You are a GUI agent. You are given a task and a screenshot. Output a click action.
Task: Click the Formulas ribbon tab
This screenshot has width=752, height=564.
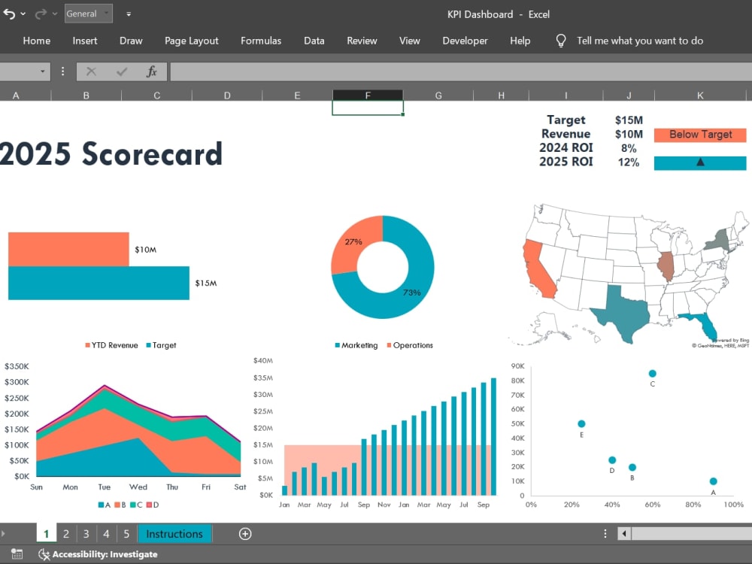click(x=261, y=41)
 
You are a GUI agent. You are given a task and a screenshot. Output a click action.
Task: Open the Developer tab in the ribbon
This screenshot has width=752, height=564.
click(x=465, y=41)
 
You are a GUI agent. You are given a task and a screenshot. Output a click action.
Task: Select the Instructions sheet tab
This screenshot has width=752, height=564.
click(x=174, y=534)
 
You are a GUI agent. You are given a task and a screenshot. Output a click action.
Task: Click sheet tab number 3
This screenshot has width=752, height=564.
click(x=86, y=534)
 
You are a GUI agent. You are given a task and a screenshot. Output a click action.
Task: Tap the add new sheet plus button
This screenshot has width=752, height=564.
click(x=245, y=534)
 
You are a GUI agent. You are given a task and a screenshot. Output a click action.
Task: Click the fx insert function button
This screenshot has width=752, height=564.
click(x=152, y=72)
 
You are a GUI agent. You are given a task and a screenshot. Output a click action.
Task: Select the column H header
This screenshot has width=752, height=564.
click(x=501, y=96)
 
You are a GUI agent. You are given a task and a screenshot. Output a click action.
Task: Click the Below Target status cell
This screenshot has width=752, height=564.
click(x=700, y=135)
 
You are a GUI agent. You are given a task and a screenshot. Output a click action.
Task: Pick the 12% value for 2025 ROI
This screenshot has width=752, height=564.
click(x=628, y=162)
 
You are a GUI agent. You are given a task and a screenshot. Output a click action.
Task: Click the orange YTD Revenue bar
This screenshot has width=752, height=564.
click(x=68, y=249)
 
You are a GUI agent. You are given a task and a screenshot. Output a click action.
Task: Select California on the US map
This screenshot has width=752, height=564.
click(x=538, y=268)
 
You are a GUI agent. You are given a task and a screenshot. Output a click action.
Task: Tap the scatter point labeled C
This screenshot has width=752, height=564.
click(x=652, y=374)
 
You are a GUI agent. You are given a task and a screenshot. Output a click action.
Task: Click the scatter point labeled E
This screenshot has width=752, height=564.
click(x=581, y=423)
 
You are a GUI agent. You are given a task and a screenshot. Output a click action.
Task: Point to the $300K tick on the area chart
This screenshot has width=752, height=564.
click(x=17, y=382)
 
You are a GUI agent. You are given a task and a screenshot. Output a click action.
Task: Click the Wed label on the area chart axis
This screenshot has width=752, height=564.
click(x=138, y=487)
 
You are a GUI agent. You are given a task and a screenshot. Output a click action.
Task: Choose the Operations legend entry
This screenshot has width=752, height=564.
click(x=410, y=345)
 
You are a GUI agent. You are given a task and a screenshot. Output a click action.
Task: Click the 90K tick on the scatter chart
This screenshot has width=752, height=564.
click(x=518, y=366)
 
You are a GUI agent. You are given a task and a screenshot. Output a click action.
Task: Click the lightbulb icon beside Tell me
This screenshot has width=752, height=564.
click(x=561, y=41)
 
